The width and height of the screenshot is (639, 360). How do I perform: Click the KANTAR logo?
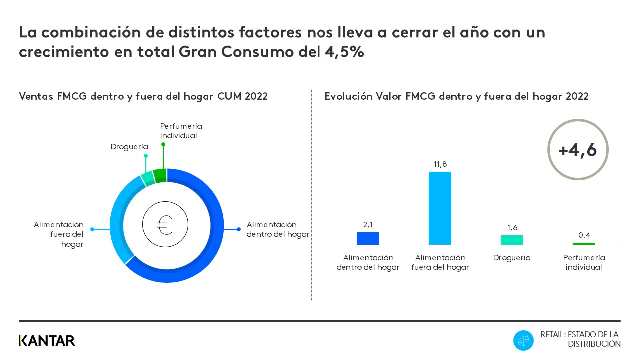point(47,341)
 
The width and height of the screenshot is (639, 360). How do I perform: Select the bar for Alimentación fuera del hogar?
point(440,208)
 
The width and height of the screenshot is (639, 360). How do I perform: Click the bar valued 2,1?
point(368,239)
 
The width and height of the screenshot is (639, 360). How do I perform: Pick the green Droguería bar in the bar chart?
point(512,240)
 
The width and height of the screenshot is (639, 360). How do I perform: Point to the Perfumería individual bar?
point(584,244)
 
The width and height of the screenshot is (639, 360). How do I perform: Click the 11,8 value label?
point(440,164)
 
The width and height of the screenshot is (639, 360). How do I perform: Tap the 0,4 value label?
point(584,235)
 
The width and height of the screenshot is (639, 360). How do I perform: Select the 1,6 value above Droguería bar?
point(512,228)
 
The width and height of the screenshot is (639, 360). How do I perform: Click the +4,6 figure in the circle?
point(578,150)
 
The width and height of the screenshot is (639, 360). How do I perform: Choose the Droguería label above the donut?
point(129,147)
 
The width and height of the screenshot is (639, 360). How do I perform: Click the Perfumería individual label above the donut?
point(181,131)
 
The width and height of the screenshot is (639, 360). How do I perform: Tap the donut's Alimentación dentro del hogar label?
point(278,229)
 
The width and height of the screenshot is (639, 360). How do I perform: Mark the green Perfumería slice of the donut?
point(160,176)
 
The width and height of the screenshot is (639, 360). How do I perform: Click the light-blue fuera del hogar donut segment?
point(118,220)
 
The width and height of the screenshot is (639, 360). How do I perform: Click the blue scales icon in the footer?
point(523,341)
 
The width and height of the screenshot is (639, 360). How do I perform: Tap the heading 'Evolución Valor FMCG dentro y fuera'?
point(456,96)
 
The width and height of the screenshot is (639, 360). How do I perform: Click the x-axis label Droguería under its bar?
point(512,258)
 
